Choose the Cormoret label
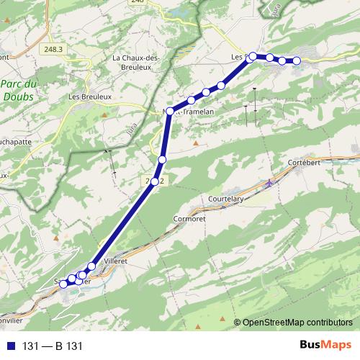click(x=190, y=218)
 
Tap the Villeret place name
click(x=114, y=261)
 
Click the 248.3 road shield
click(x=53, y=49)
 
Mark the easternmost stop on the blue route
click(x=296, y=60)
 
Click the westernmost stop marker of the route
click(x=63, y=284)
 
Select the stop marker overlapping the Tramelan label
click(x=170, y=110)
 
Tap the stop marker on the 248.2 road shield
click(x=155, y=181)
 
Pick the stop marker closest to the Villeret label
click(x=91, y=267)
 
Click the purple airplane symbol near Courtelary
click(x=270, y=182)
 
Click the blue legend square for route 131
click(x=9, y=346)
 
